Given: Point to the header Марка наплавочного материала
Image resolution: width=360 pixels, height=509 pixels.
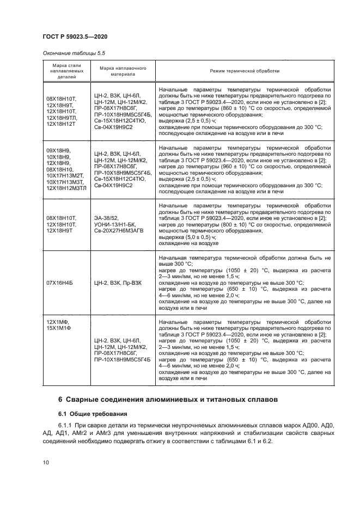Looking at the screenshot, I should tap(123, 71).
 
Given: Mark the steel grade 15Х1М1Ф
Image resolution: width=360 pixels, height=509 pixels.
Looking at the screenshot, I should tap(59, 328).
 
